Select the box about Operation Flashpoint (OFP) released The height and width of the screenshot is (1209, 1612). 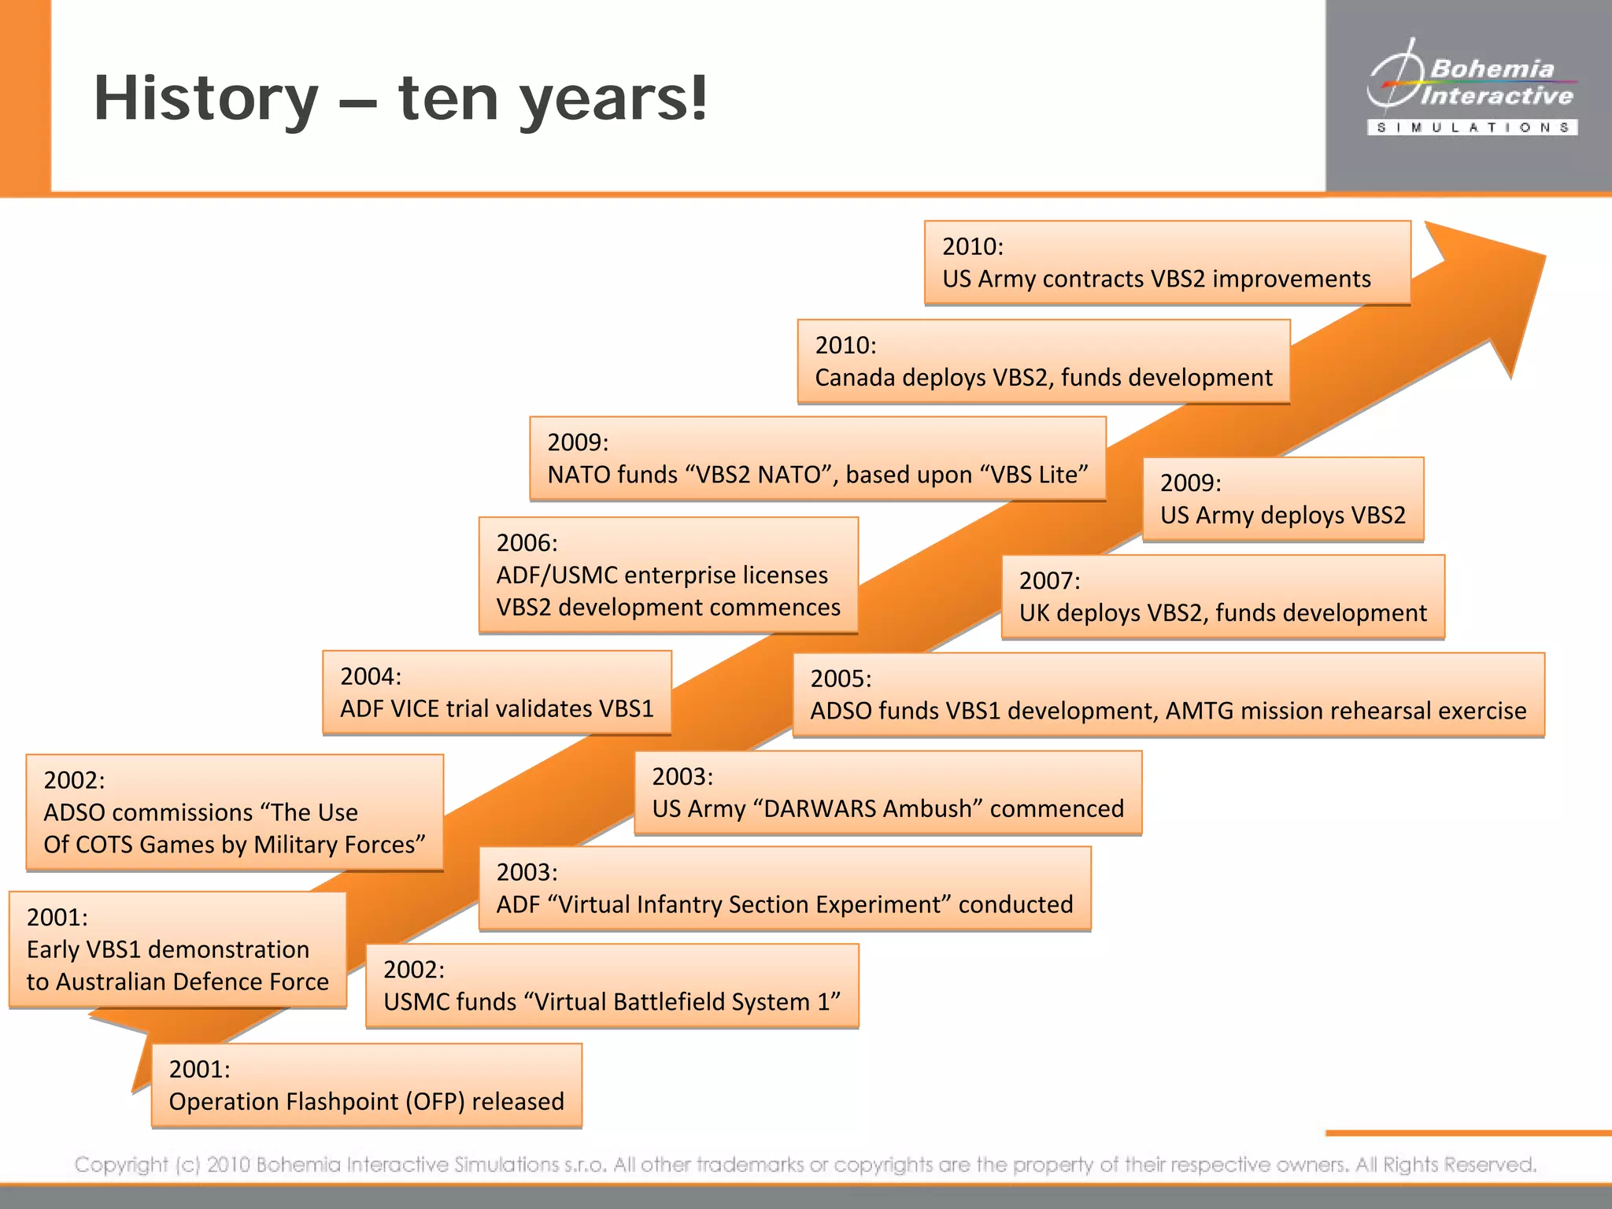point(367,1085)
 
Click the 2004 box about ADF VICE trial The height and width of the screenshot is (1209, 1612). point(497,693)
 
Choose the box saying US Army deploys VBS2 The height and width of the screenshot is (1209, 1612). point(1283,499)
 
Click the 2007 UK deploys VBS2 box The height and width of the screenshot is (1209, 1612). point(1222,597)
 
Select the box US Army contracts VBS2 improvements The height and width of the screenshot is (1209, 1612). point(1167,263)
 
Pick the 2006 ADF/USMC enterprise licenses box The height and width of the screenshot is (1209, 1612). point(668,575)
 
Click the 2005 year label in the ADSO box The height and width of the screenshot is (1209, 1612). point(841,678)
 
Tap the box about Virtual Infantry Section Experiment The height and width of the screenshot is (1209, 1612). point(785,889)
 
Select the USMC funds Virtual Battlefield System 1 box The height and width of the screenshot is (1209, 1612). point(612,986)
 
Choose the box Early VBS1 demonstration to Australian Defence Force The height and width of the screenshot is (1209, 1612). point(177,949)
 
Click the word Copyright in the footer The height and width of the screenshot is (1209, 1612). point(121,1164)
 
